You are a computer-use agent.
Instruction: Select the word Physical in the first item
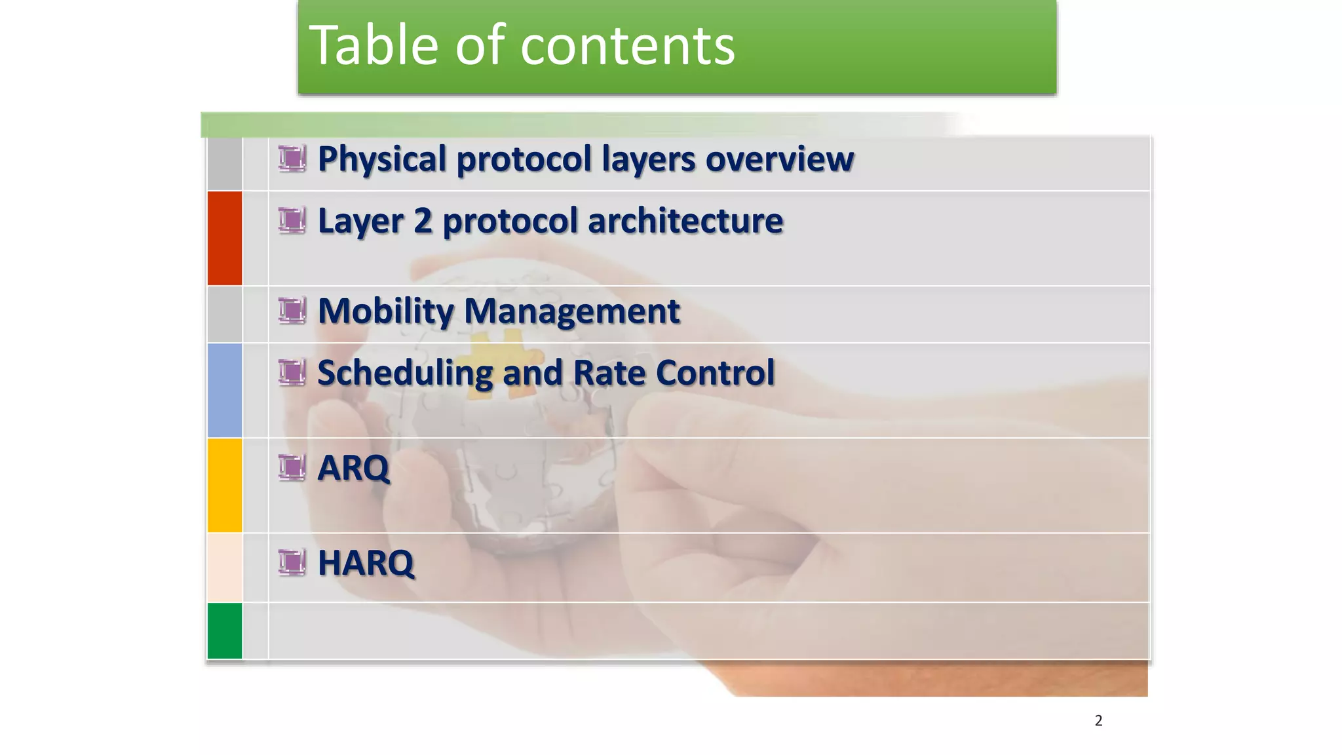click(x=382, y=159)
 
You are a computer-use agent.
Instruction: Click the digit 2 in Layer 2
click(x=423, y=221)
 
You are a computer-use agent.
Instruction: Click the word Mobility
click(x=385, y=311)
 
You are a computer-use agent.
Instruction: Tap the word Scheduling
click(x=404, y=374)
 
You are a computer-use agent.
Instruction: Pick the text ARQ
click(x=353, y=468)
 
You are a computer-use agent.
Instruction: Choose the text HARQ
click(x=366, y=563)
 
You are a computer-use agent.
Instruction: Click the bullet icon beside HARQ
click(x=292, y=562)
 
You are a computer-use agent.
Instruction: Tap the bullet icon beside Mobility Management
click(x=292, y=311)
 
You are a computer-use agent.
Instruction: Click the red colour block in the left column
click(x=225, y=238)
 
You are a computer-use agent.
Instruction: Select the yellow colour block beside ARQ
click(x=225, y=485)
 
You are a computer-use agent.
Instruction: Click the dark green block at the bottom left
click(x=225, y=630)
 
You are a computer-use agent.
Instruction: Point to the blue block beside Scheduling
click(x=225, y=390)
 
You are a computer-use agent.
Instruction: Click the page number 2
click(x=1098, y=721)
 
